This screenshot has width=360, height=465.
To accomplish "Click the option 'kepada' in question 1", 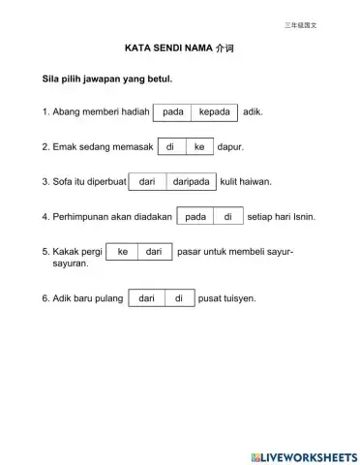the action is [x=214, y=112].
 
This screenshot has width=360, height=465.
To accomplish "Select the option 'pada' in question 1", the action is [x=173, y=112].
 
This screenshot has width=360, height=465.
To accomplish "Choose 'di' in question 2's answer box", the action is [x=170, y=147].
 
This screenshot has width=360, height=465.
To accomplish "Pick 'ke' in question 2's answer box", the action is [x=199, y=147].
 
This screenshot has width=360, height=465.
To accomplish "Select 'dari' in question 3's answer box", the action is [x=147, y=181].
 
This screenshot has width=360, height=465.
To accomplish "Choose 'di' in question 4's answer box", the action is [x=228, y=216].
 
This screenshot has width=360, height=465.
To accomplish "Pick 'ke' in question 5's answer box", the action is [x=123, y=252].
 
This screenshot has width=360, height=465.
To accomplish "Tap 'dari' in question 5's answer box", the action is [x=154, y=252].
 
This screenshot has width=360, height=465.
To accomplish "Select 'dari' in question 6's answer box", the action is [x=147, y=298].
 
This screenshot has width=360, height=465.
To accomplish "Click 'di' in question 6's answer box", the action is [x=179, y=298].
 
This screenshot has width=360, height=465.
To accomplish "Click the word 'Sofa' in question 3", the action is [x=62, y=181].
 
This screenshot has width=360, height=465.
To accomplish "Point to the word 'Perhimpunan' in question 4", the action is [x=80, y=216].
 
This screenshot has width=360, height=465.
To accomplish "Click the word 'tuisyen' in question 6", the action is [x=240, y=298].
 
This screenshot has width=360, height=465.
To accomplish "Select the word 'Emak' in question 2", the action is [x=64, y=147].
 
